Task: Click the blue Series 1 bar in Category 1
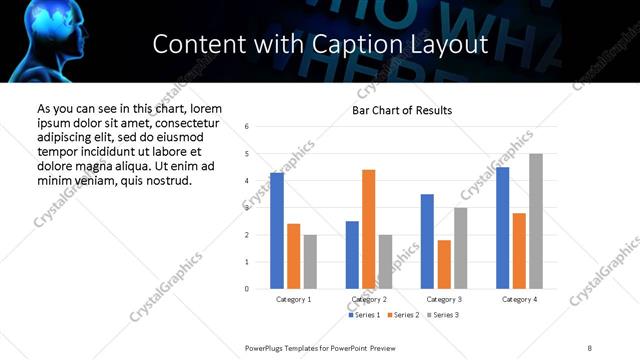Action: pos(277,231)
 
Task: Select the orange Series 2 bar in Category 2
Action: pos(369,229)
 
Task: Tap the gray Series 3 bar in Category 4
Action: pos(536,221)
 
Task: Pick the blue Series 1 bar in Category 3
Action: pos(427,241)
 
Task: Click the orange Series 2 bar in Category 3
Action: pos(444,264)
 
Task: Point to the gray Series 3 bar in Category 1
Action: pos(310,262)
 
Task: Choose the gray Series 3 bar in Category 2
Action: pos(386,262)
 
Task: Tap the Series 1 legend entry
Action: pos(364,316)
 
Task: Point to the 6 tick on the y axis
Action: pos(246,127)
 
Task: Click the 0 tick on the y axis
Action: pos(246,289)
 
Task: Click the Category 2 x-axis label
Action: pos(369,300)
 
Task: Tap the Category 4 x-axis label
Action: pos(519,300)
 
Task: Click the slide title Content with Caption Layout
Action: pos(320,44)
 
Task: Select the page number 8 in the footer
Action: pos(590,347)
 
